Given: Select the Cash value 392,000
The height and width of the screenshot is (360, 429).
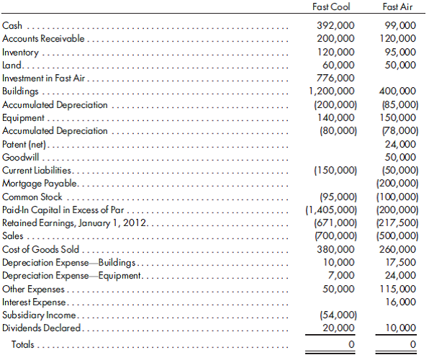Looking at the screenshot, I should [335, 25].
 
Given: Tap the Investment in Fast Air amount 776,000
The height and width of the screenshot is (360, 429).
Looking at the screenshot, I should [335, 78].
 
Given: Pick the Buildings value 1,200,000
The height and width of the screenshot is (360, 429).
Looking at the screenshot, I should [331, 91].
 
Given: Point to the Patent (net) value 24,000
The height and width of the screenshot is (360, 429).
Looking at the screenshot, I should [400, 144].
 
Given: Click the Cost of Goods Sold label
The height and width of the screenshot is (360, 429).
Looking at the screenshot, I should [40, 249].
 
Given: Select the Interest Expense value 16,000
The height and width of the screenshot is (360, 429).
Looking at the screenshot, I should [400, 302].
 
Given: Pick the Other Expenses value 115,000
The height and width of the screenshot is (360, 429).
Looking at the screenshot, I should [397, 289].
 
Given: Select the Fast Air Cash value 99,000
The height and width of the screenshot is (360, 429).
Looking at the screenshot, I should [400, 25].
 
